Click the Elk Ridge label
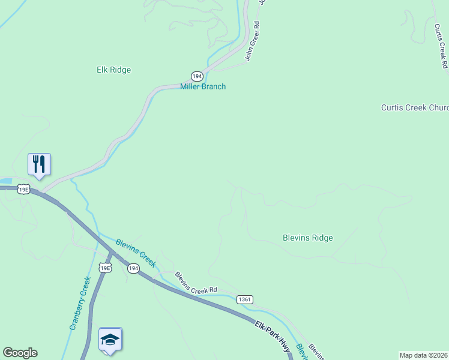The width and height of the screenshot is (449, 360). [x=113, y=70]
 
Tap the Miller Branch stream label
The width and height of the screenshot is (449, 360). [x=203, y=86]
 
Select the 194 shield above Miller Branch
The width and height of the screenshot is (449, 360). [x=197, y=76]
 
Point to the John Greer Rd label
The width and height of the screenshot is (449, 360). [x=252, y=43]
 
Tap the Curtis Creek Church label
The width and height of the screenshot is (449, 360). [x=415, y=107]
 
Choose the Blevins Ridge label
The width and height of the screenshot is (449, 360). [x=307, y=238]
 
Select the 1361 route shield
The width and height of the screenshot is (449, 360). [x=244, y=299]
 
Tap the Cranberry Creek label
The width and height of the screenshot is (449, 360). [x=80, y=303]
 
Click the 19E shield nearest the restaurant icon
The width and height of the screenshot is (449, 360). [x=23, y=189]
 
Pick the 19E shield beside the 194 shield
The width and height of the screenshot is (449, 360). [x=106, y=268]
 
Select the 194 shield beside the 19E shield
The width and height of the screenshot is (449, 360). [x=133, y=268]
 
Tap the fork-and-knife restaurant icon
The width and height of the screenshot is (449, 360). [x=39, y=164]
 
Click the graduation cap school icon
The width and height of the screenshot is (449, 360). [x=110, y=340]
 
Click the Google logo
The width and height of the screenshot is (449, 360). [x=20, y=353]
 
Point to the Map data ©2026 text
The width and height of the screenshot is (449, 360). [x=424, y=355]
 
